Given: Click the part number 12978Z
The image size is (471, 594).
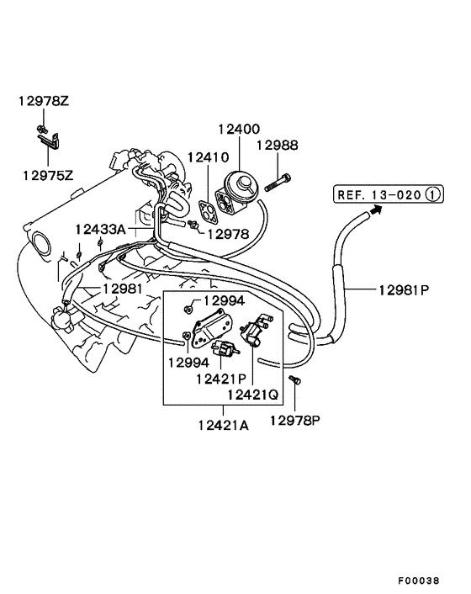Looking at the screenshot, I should [44, 102].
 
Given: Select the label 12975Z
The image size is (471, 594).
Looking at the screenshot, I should [48, 176].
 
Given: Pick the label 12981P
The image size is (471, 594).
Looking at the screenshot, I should [403, 290].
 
